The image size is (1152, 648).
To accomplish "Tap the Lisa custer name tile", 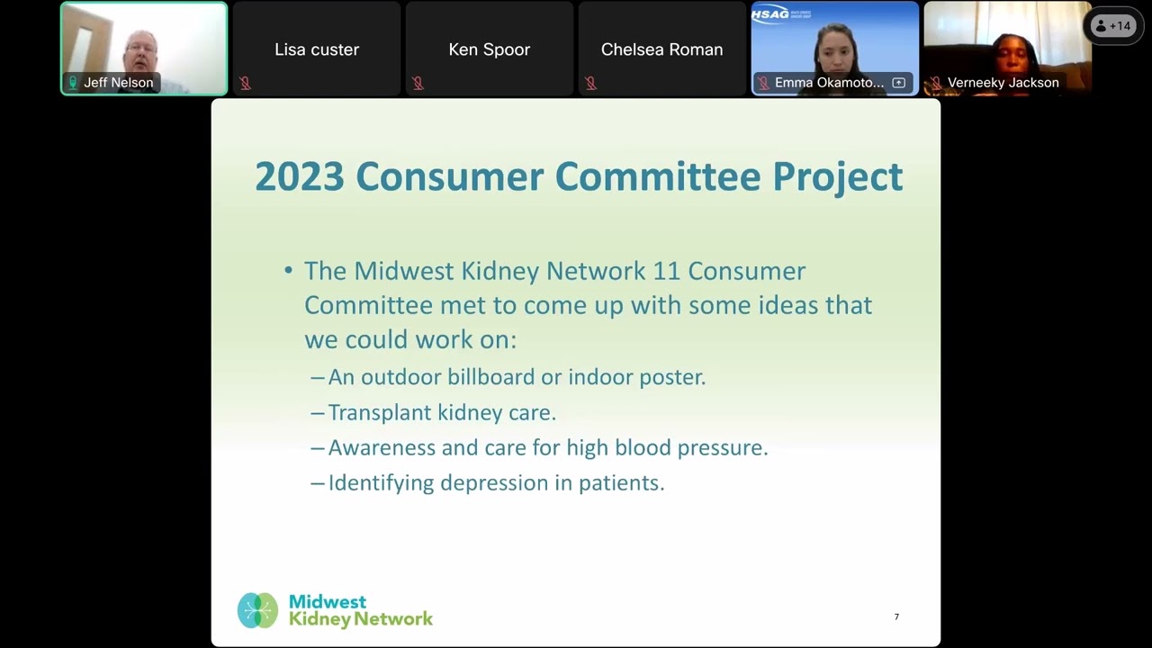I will (317, 49).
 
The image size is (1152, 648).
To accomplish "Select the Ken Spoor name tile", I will (489, 49).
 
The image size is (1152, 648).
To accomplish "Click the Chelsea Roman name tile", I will (661, 49).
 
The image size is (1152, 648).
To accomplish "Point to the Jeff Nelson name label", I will (118, 83).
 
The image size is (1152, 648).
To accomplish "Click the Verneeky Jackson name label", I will (1003, 83).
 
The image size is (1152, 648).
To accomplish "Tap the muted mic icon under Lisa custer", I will (245, 84).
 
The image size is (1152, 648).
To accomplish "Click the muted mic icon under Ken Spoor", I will (418, 84).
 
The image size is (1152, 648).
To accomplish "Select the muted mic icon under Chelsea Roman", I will (590, 84).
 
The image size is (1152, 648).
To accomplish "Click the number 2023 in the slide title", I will (299, 176).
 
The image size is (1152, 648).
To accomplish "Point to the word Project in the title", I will (838, 176).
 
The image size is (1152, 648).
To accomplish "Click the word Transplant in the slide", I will (379, 412).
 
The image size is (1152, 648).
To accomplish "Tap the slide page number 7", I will (896, 616).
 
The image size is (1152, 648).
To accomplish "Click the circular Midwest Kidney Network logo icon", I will (257, 610).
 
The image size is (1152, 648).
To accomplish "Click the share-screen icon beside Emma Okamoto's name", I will (898, 83).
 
